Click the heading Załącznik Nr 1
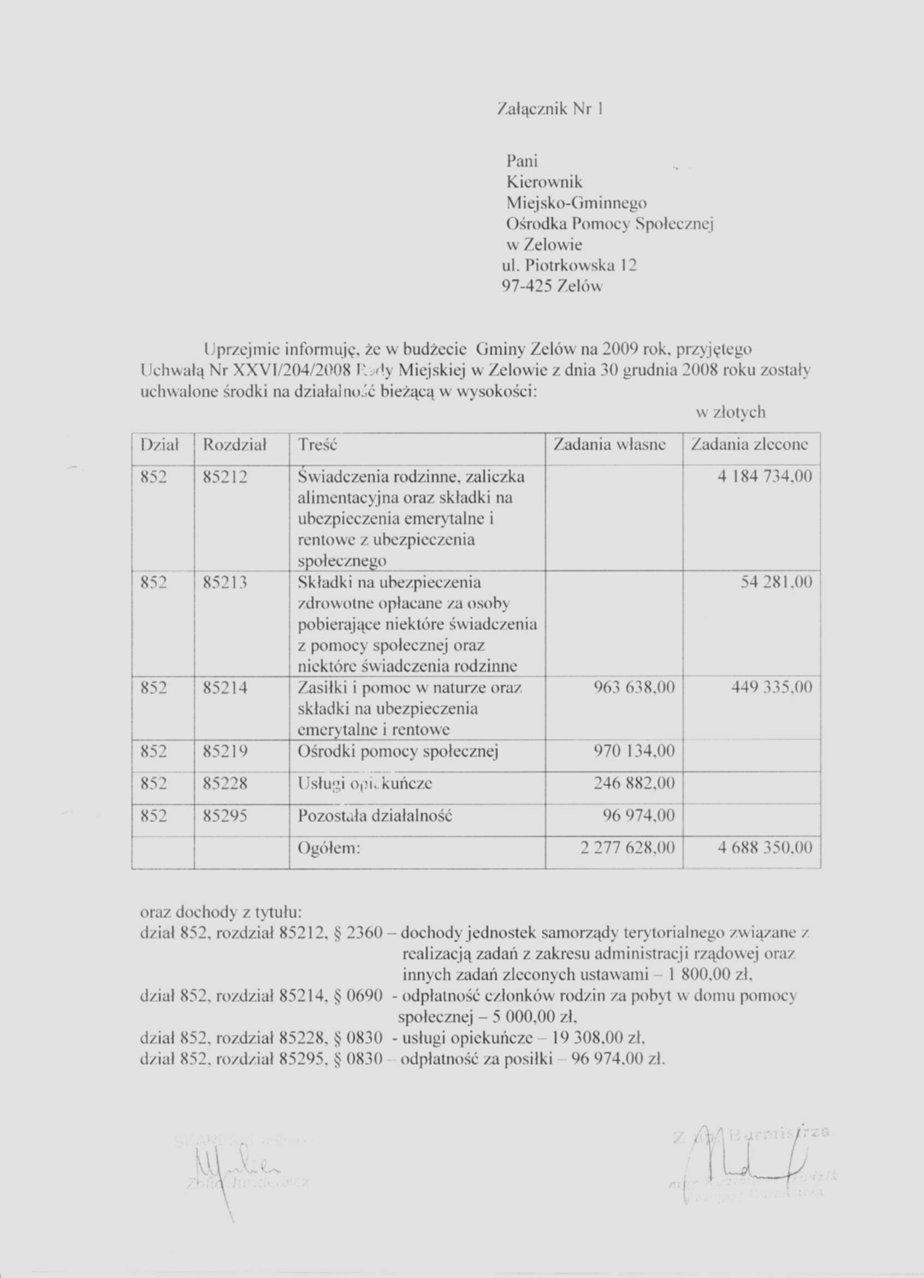pos(550,108)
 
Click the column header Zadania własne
pos(611,444)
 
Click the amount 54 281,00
pos(776,582)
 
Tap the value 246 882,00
pos(634,784)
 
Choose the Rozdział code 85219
pos(225,752)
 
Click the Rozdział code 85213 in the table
pos(225,583)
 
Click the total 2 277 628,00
pos(627,847)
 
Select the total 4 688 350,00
pos(765,847)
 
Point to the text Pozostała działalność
pos(375,816)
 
